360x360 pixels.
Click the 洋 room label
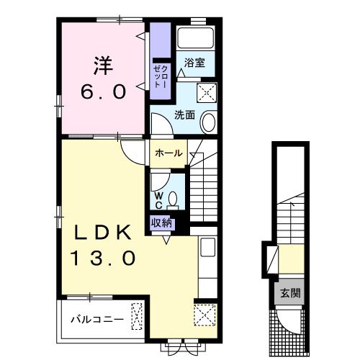click(103, 66)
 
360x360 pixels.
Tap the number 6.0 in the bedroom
click(103, 92)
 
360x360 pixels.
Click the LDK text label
click(103, 233)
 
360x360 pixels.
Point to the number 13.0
click(103, 258)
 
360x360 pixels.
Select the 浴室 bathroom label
click(194, 63)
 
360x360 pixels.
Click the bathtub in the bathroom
click(195, 38)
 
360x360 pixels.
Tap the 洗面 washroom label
click(184, 115)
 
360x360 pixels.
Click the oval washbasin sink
click(209, 122)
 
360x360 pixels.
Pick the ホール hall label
click(168, 153)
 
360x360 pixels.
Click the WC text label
click(158, 201)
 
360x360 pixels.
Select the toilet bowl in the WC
click(173, 200)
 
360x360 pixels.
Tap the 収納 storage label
click(161, 223)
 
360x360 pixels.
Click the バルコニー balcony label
click(97, 320)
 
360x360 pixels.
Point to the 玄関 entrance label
click(290, 293)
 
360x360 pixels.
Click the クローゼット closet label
click(161, 76)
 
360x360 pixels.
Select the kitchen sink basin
click(208, 247)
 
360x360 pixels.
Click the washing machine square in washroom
click(207, 93)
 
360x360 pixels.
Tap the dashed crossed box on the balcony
click(137, 316)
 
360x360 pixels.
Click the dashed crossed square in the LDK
click(204, 315)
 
